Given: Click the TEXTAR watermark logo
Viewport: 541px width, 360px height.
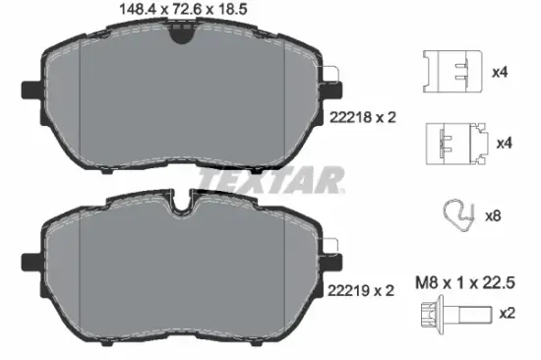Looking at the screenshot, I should pos(272,180).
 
